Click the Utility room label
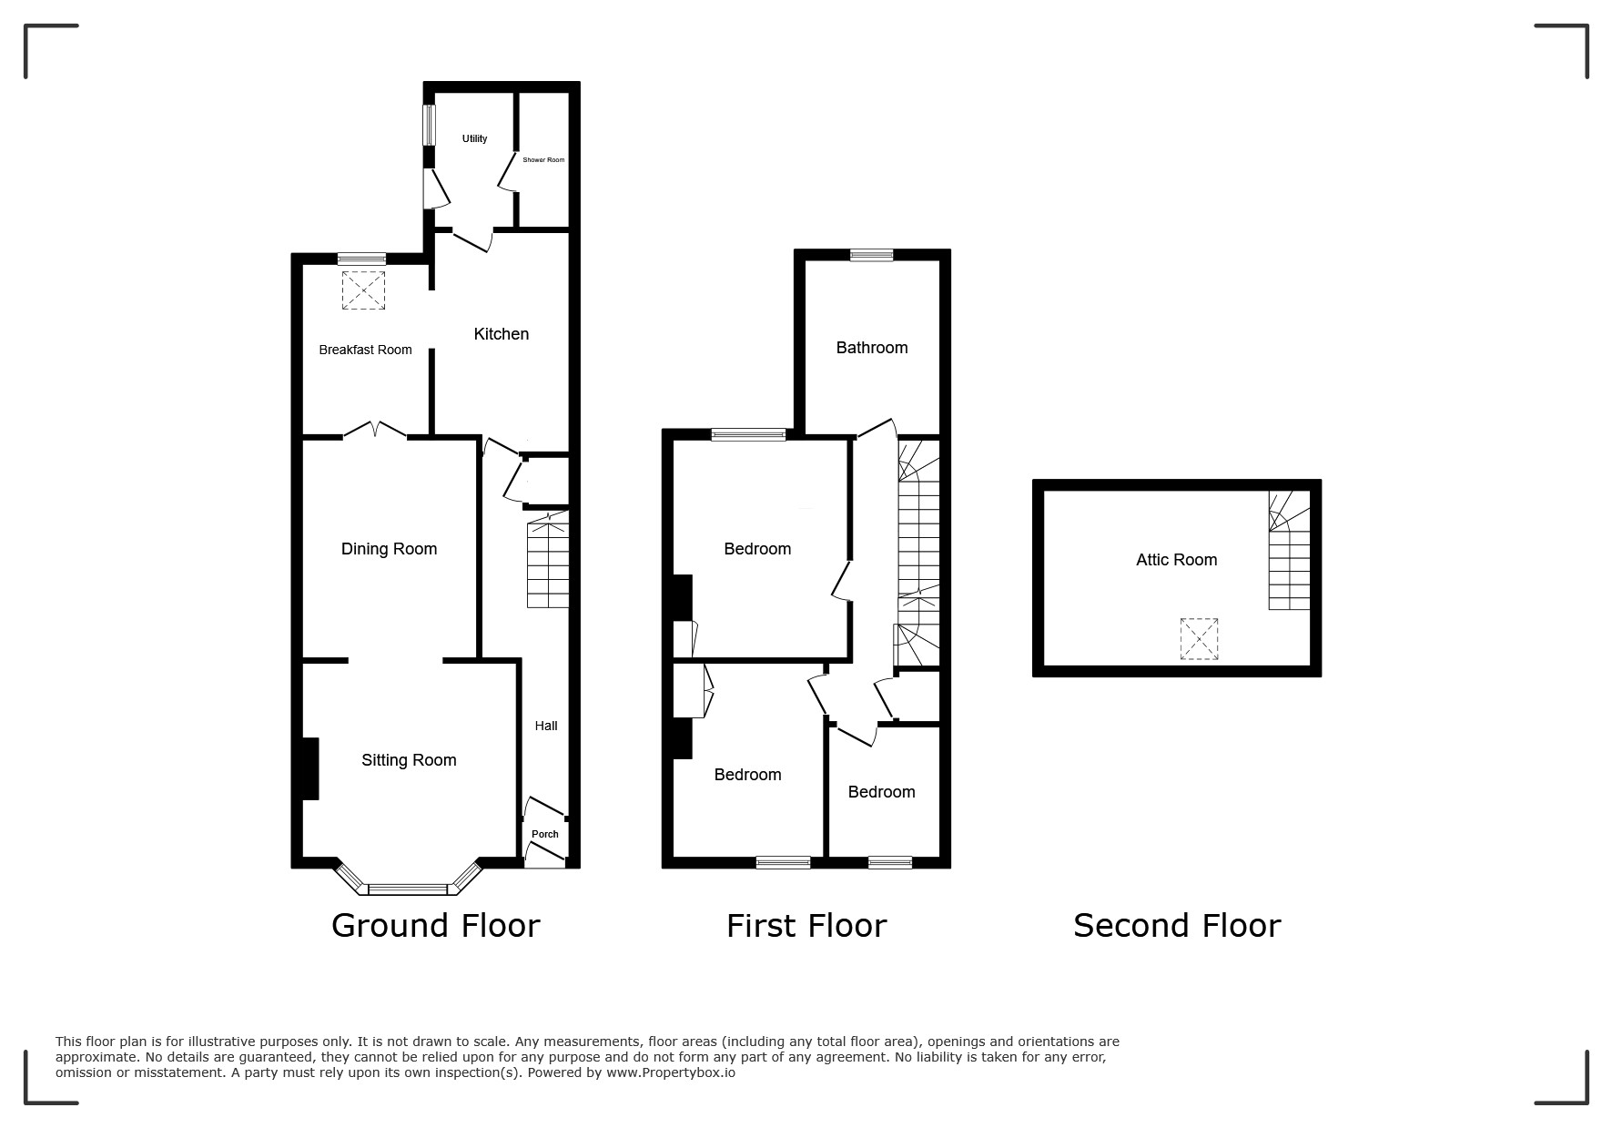474,138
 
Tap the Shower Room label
543,160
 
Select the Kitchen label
501,334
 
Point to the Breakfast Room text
365,350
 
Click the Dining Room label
389,549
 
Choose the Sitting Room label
409,760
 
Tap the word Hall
546,726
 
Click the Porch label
545,834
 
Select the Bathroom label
872,348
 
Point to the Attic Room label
1176,560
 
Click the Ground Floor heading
435,925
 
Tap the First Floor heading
806,925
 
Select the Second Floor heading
1177,925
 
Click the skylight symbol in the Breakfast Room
363,290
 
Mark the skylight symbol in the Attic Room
1199,638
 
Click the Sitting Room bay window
408,880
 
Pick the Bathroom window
872,255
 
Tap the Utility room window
429,125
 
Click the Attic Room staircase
1290,550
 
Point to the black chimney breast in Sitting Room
310,768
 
